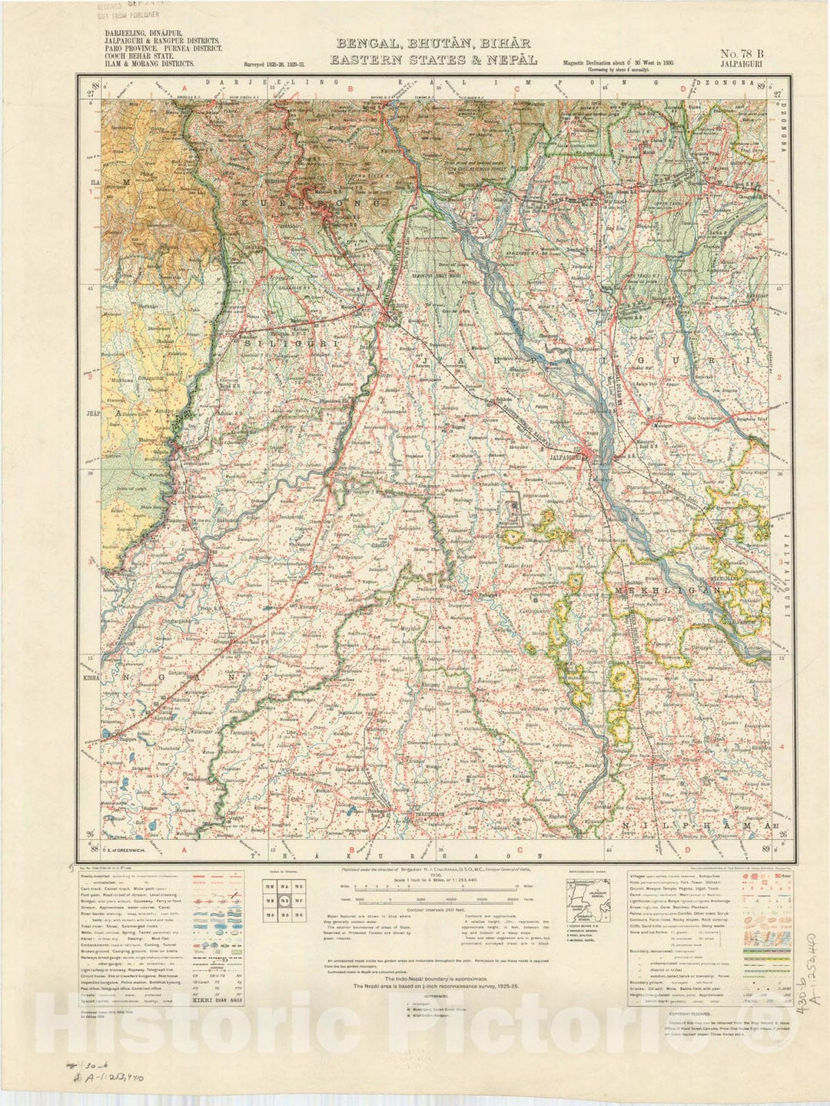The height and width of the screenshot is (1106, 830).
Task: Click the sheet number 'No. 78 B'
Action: [742, 54]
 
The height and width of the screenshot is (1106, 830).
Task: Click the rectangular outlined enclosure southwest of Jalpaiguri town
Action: [512, 510]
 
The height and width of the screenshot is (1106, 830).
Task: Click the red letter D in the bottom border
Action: [686, 849]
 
